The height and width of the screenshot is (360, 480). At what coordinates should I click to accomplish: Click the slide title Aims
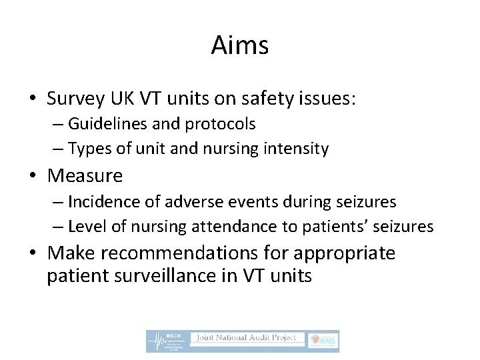coord(240,46)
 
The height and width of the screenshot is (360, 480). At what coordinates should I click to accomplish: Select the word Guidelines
coord(102,124)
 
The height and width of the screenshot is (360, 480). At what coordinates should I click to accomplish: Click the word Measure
coord(85,176)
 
